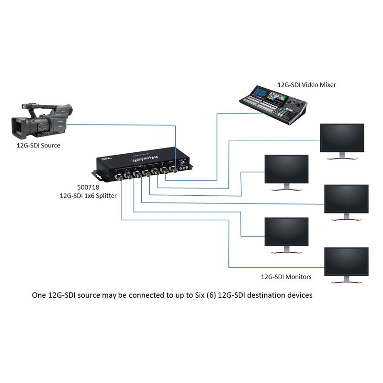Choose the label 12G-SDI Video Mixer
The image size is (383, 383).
[307, 85]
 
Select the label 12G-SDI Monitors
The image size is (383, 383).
[285, 277]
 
